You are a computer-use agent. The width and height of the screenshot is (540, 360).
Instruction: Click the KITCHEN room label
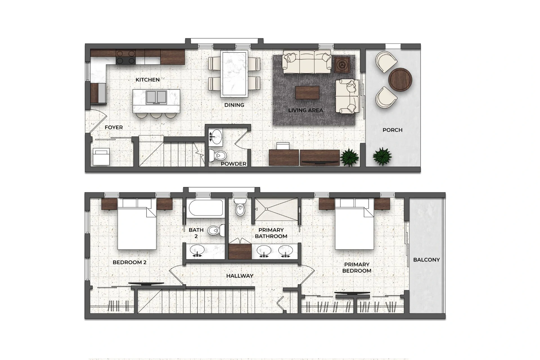147,80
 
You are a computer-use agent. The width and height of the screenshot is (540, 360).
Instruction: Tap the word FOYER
114,128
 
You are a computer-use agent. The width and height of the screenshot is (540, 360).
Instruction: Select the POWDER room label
233,164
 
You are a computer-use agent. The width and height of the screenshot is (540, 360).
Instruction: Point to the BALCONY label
426,260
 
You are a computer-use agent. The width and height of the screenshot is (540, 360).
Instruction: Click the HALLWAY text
240,276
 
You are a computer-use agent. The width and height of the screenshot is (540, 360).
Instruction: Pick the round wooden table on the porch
400,80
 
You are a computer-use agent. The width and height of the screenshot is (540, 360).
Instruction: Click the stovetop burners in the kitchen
125,57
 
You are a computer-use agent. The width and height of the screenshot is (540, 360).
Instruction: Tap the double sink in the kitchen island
156,97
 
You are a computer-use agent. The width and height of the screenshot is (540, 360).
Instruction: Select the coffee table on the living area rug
307,93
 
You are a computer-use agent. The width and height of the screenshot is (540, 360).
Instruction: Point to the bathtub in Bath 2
206,208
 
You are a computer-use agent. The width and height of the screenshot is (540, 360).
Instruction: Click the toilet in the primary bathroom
240,207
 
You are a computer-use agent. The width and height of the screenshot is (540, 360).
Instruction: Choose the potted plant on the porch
382,156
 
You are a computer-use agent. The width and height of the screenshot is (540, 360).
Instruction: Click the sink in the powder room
215,137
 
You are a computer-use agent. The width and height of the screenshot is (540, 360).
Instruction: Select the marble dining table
234,73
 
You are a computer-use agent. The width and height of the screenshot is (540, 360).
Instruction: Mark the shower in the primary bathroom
276,209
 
